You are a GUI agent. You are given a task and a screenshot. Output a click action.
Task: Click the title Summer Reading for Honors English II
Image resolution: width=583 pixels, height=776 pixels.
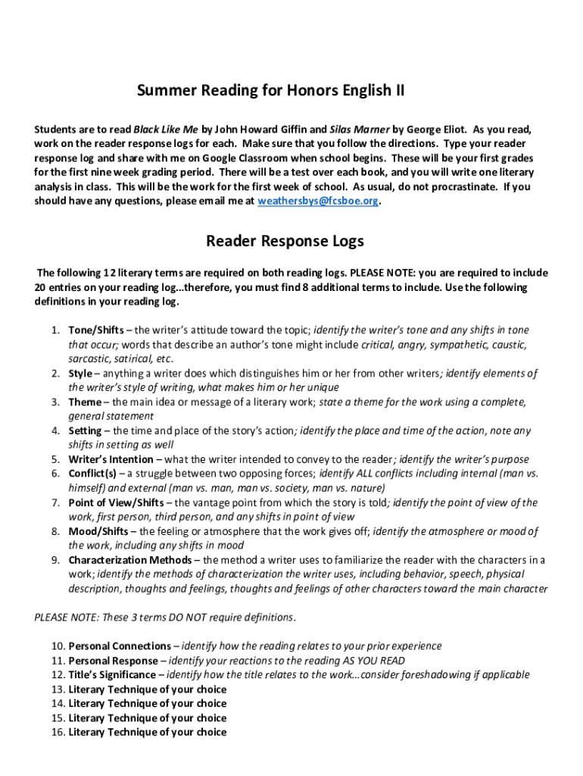[x=270, y=91]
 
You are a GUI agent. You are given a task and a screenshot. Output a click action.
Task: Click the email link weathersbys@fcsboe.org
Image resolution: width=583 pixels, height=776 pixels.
[x=318, y=201]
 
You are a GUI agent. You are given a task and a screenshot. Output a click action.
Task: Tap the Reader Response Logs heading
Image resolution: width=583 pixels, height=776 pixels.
[x=285, y=241]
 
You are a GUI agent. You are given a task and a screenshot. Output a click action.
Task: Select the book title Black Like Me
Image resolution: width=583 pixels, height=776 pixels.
[x=162, y=129]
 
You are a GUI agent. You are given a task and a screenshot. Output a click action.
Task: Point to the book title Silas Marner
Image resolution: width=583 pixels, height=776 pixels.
[x=360, y=129]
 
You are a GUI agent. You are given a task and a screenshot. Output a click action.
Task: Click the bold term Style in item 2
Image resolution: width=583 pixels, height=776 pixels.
[x=80, y=374]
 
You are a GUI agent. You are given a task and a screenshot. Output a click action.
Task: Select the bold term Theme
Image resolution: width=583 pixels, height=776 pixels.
[x=84, y=402]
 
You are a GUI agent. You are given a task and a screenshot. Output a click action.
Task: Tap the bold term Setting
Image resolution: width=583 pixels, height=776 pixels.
[x=85, y=431]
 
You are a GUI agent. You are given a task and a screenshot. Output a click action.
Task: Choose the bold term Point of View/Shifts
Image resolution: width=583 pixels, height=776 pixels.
[x=120, y=502]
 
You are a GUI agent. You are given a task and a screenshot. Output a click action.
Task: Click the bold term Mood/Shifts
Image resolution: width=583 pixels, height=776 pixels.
[x=98, y=531]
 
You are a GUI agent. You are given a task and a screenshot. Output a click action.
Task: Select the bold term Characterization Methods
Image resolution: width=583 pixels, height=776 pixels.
[x=130, y=560]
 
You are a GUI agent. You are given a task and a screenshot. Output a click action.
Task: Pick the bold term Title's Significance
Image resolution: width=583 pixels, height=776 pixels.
[x=112, y=674]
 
